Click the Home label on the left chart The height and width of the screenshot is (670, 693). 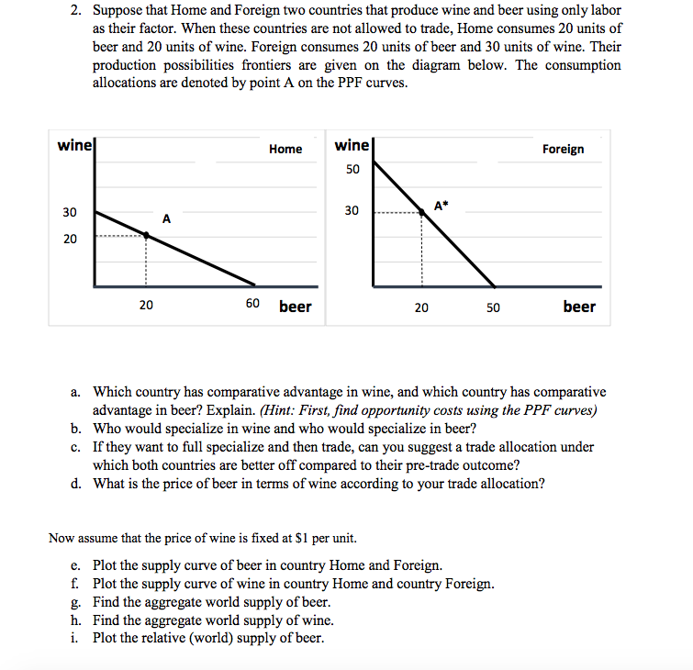[x=285, y=149]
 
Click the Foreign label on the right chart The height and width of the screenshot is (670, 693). [x=563, y=149]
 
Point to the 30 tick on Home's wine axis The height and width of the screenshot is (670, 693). [x=70, y=212]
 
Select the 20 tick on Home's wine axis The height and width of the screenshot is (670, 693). [x=70, y=239]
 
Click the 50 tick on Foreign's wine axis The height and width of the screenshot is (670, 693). [x=352, y=170]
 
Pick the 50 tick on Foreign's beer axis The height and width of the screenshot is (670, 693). [x=493, y=307]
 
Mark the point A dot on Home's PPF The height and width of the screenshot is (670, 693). [x=146, y=235]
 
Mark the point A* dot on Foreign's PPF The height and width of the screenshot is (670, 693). [x=422, y=211]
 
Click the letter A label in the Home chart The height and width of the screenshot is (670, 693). [x=166, y=218]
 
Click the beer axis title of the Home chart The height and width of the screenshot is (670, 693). [x=295, y=306]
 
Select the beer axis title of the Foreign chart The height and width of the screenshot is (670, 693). [x=579, y=307]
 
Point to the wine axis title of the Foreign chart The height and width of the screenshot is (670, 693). [x=352, y=146]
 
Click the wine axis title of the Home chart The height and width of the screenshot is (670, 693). [x=73, y=146]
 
